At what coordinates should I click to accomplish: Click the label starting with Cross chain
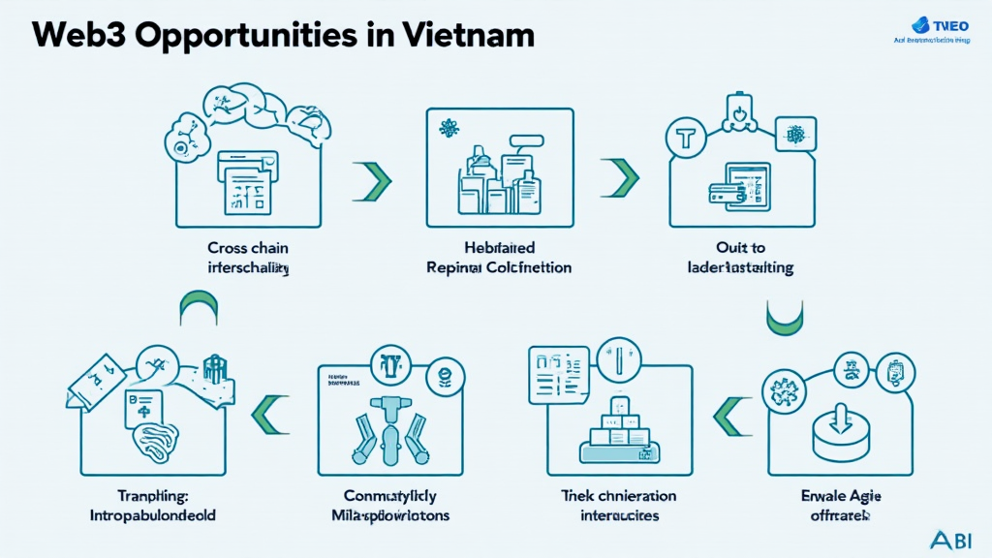tap(249, 257)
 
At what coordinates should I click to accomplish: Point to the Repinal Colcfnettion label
tap(500, 266)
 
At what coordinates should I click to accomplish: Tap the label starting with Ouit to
tap(740, 257)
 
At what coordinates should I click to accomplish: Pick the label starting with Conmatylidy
tap(385, 506)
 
